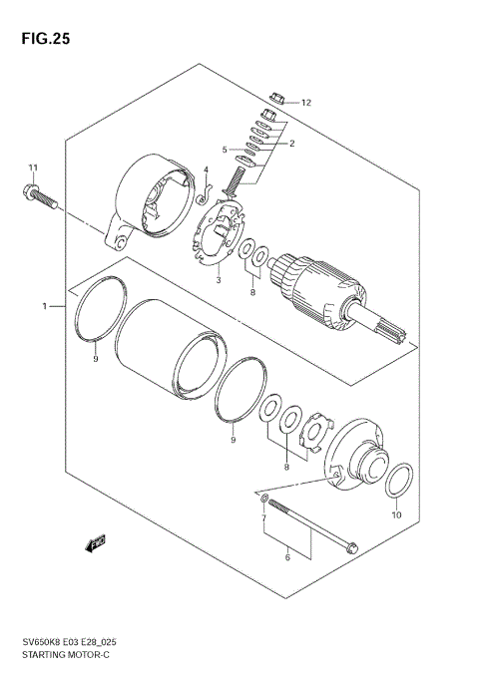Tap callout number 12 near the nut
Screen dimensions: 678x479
[x=306, y=103]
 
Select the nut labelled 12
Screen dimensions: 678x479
[x=279, y=100]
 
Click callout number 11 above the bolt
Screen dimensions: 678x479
[x=32, y=167]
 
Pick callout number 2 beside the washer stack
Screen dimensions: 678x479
[x=291, y=144]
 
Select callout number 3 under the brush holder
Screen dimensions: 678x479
[x=217, y=281]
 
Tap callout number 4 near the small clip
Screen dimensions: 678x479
[x=206, y=170]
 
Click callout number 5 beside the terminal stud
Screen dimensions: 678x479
[x=226, y=151]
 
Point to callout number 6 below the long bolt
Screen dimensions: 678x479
[x=287, y=558]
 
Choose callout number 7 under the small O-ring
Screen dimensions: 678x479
[x=264, y=519]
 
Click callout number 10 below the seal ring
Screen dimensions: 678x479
[x=395, y=515]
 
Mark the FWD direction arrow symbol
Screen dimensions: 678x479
[x=96, y=543]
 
